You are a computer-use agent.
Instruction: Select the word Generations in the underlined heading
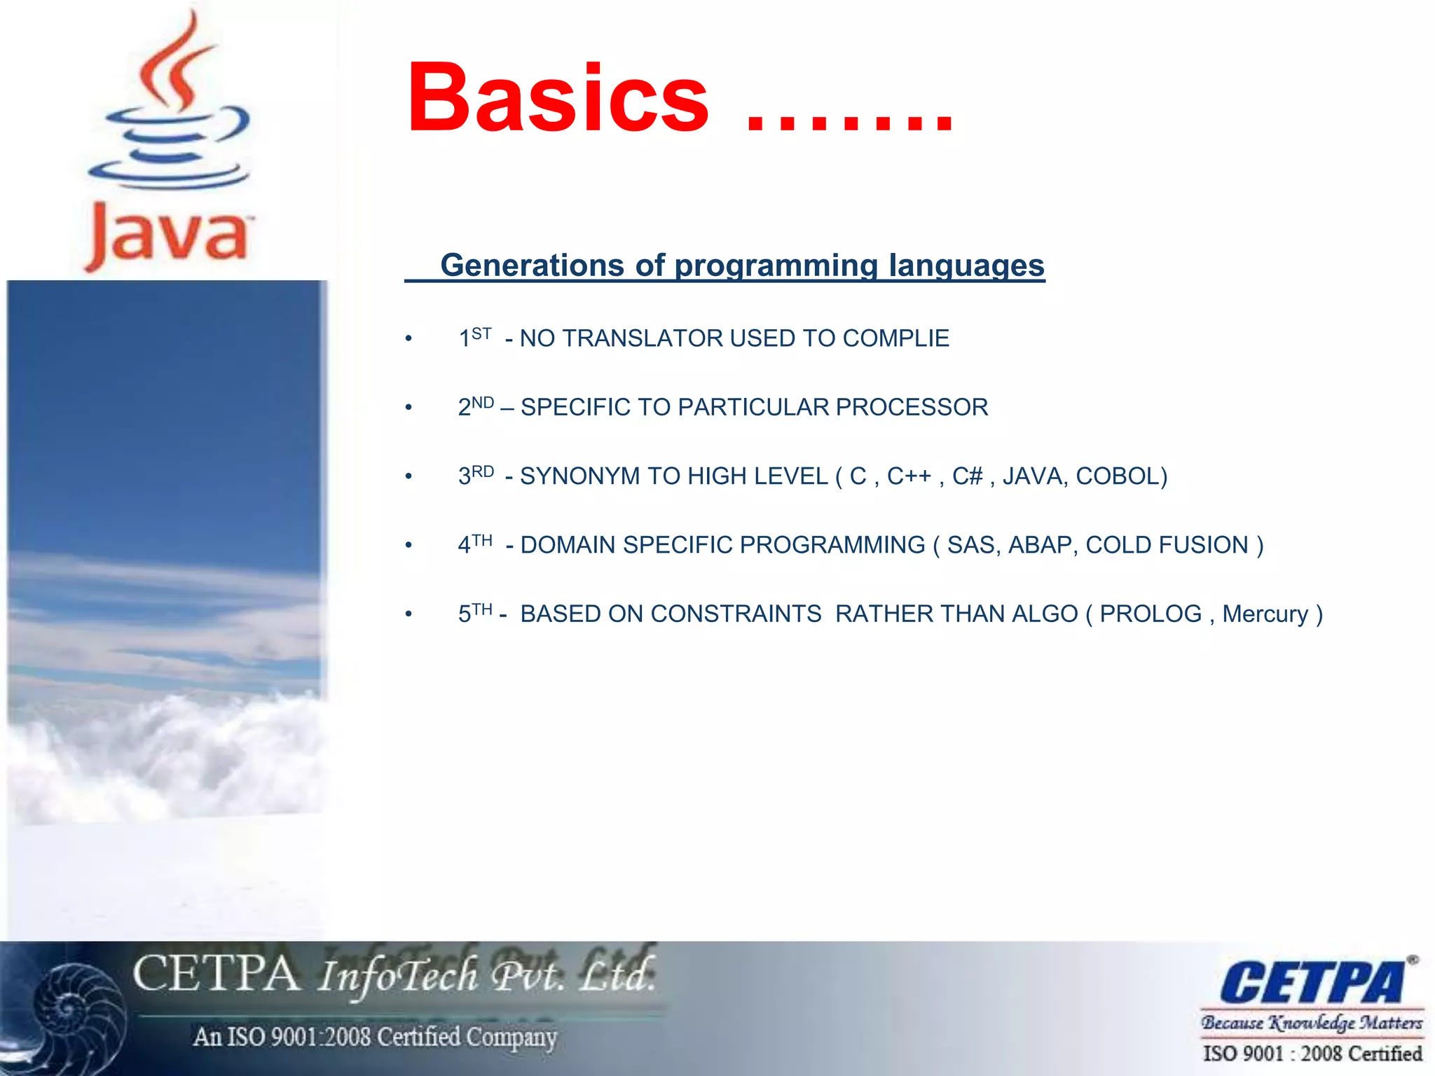[x=532, y=265]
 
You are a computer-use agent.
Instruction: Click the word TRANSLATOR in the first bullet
[x=643, y=338]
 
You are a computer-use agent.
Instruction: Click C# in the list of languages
[x=968, y=476]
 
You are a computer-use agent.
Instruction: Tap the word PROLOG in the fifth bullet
[x=1151, y=614]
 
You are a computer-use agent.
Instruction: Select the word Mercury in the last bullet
[x=1265, y=614]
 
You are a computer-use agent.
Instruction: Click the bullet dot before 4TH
[x=408, y=546]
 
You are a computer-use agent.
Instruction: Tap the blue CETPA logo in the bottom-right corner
[x=1312, y=982]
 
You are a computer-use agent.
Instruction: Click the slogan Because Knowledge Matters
[x=1312, y=1023]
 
